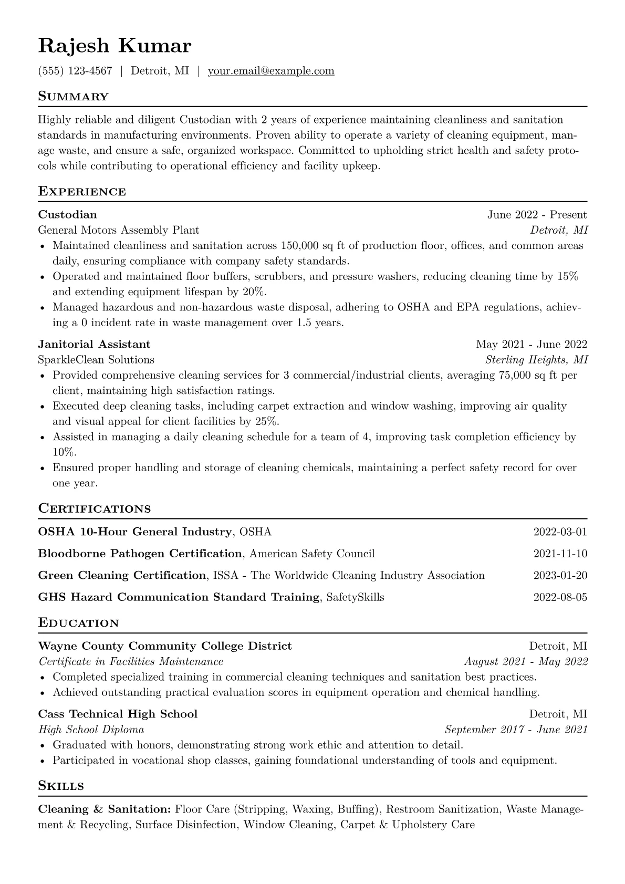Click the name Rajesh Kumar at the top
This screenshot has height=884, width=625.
[114, 46]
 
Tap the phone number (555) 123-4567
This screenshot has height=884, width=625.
[75, 71]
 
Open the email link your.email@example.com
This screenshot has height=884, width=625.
[271, 71]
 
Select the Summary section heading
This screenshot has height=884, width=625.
[74, 97]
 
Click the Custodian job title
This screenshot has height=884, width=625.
[67, 214]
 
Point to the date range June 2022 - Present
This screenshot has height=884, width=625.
[537, 214]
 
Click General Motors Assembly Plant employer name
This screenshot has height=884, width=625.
[119, 230]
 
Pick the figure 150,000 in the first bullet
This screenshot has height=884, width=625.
[300, 245]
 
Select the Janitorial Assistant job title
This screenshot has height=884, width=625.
[94, 344]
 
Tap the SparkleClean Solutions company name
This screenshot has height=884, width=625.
[96, 360]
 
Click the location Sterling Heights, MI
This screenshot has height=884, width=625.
[536, 360]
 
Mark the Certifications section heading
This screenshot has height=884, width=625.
[95, 508]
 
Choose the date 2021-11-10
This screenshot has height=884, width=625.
[560, 554]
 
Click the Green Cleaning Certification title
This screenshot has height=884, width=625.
[122, 575]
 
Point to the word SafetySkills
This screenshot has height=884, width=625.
[355, 597]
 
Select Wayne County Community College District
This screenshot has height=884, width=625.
[165, 646]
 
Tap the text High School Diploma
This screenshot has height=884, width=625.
[91, 730]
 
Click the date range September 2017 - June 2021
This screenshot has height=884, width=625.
[516, 730]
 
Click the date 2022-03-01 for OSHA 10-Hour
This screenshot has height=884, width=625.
[560, 532]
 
